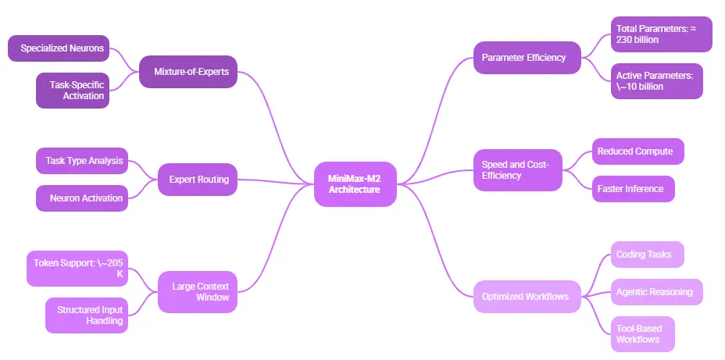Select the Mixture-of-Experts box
[x=188, y=72]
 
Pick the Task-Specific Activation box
[x=73, y=90]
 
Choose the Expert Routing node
[x=198, y=179]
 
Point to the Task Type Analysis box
[x=84, y=161]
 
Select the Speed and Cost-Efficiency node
[x=517, y=169]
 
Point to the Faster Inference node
[x=630, y=188]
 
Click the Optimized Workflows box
[x=526, y=296]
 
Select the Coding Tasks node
[x=645, y=255]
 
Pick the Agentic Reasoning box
[x=654, y=292]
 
